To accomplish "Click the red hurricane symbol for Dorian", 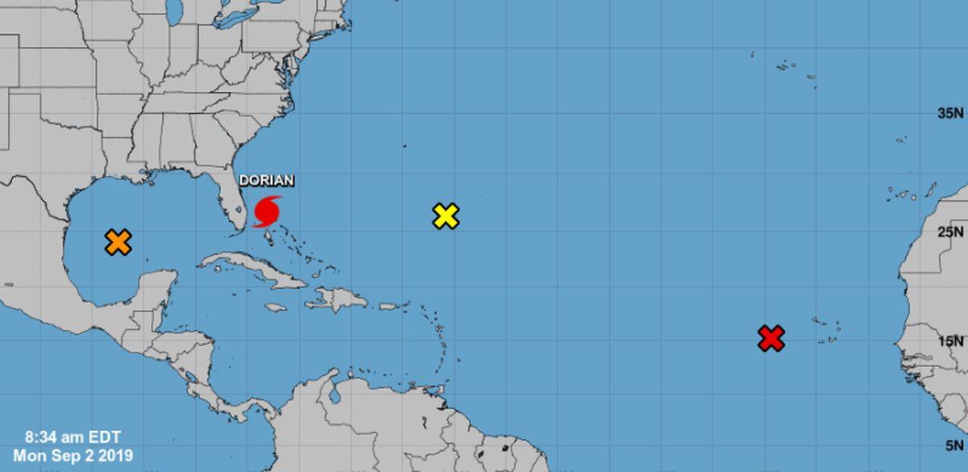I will click(267, 211).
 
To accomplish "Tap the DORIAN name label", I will click(266, 182).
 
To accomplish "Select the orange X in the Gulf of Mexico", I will click(118, 241).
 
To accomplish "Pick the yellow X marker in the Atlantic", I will click(446, 215).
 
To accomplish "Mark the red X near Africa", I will click(771, 338).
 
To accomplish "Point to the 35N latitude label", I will click(949, 114).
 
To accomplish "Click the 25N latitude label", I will click(949, 232).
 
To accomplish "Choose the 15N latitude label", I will click(949, 341).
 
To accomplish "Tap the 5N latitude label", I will click(953, 445).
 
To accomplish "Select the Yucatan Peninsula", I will click(157, 290).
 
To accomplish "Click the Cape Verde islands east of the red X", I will click(827, 327).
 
